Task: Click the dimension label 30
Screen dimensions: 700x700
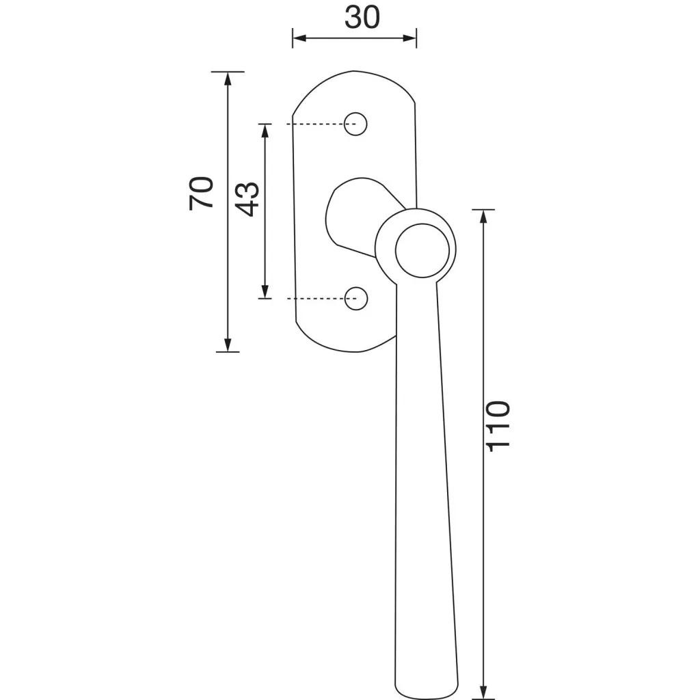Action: point(362,18)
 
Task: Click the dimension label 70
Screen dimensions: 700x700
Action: point(201,193)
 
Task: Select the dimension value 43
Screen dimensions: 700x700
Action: point(247,199)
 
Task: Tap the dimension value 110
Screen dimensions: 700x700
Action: point(498,427)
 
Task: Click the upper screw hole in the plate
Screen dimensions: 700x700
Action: point(355,124)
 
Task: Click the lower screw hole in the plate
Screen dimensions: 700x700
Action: point(356,299)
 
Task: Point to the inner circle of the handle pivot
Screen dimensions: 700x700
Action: point(422,251)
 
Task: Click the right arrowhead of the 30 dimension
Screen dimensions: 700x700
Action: point(409,38)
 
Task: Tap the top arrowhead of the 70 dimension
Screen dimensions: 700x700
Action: point(228,79)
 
